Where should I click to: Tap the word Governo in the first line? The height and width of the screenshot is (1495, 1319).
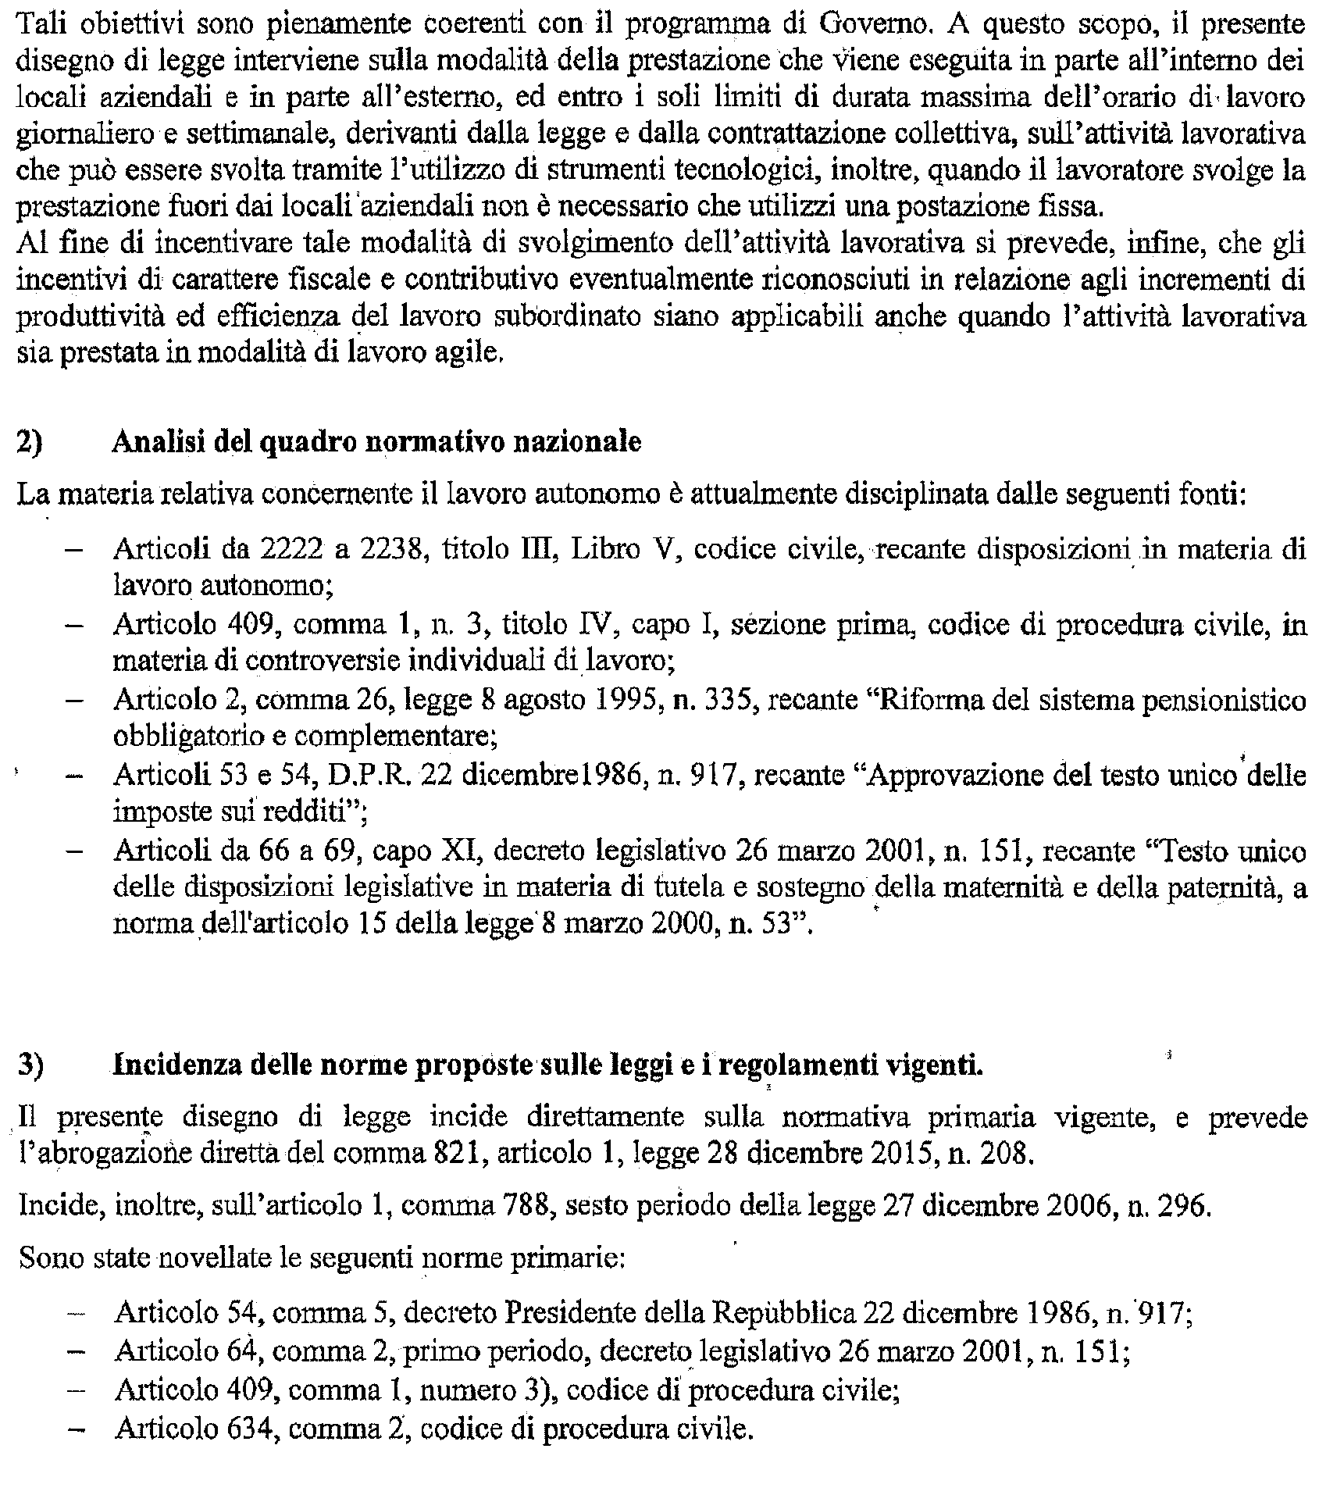point(874,27)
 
